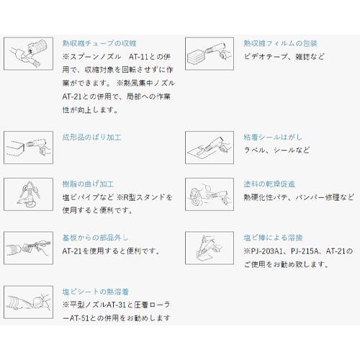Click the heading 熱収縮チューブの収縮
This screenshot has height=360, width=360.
coord(99,43)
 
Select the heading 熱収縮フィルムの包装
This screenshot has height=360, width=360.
coord(280,43)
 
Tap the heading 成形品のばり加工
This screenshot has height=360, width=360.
coord(91,138)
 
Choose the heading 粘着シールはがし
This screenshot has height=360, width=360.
coord(273,138)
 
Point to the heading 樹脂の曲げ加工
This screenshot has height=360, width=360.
coord(88,184)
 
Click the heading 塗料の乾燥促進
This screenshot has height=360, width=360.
coord(269,184)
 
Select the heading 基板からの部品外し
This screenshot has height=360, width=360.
coord(95,238)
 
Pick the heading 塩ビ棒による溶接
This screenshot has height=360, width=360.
coord(273,238)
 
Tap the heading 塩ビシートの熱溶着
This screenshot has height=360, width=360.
coord(96,292)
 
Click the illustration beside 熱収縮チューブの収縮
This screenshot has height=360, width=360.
coord(28,53)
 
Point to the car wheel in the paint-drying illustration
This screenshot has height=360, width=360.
coord(197,197)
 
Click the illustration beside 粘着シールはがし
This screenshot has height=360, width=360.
coord(210,148)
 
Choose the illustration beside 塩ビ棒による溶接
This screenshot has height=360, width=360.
coord(210,248)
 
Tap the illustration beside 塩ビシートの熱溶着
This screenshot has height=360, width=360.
coord(28,302)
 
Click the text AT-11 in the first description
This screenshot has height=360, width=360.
coord(139,57)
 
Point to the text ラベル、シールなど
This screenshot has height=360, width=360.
coord(276,150)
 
